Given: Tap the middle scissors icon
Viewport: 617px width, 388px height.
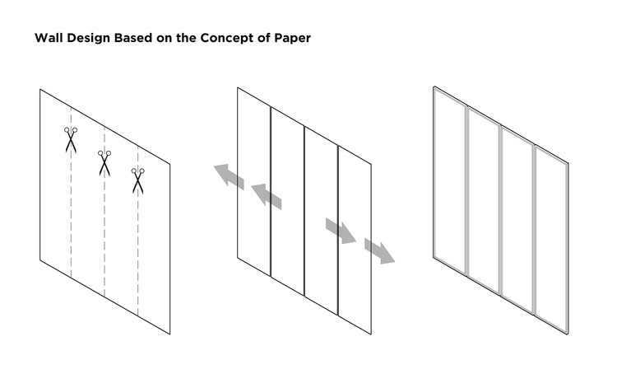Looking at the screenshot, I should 104,162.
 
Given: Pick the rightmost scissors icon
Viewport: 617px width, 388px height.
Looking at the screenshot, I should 137,180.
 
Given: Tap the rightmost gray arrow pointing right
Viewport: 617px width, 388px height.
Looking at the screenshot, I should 379,250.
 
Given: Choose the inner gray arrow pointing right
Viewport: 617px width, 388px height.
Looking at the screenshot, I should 340,230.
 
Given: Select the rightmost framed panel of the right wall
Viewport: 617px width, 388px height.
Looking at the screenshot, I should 550,238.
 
